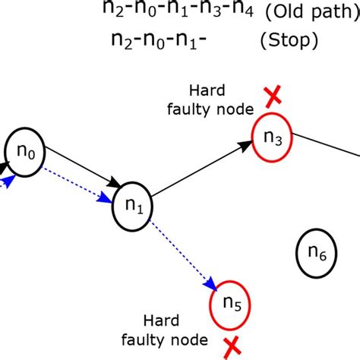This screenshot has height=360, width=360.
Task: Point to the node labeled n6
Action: tap(317, 252)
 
